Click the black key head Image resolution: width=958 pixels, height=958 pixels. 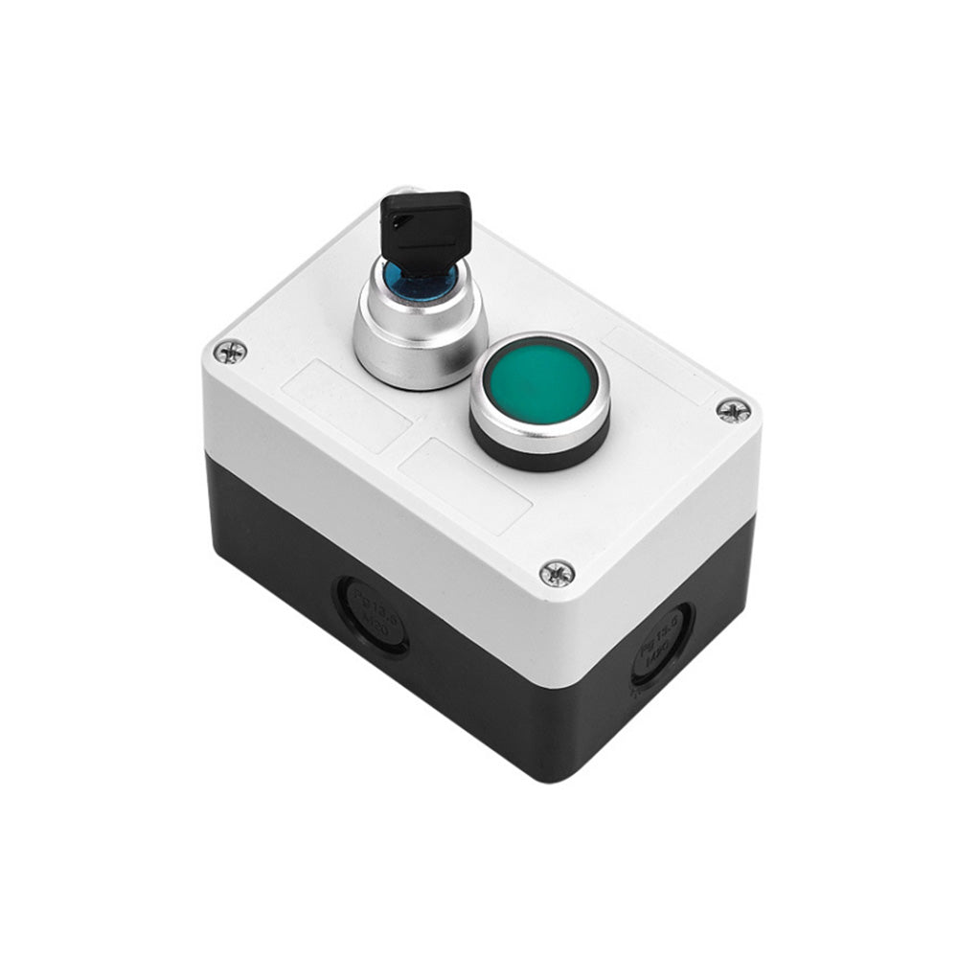(x=426, y=226)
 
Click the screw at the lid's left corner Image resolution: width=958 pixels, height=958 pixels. (x=230, y=352)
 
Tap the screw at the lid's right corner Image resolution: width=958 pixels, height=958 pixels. (x=733, y=410)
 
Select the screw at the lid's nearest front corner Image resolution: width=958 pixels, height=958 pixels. (x=557, y=573)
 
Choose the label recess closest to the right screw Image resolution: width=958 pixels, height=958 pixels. (x=661, y=364)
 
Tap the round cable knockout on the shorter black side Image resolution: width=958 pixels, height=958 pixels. (x=661, y=647)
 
